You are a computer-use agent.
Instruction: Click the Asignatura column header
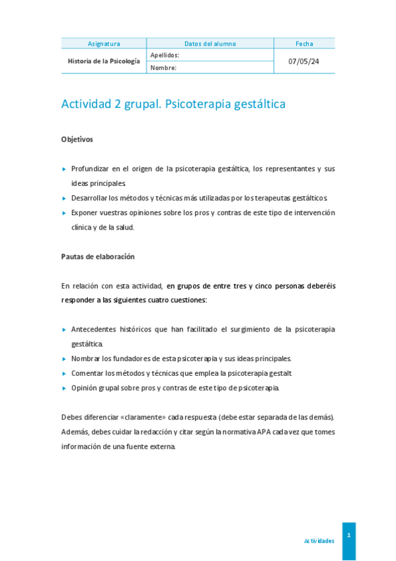pyautogui.click(x=104, y=44)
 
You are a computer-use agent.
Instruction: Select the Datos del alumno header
pyautogui.click(x=210, y=44)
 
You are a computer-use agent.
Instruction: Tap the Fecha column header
pyautogui.click(x=304, y=44)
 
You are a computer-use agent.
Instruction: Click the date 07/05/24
pyautogui.click(x=304, y=61)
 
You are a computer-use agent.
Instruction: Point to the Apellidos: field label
pyautogui.click(x=165, y=55)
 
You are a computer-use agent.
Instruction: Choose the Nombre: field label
pyautogui.click(x=163, y=67)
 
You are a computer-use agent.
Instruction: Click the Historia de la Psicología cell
pyautogui.click(x=104, y=61)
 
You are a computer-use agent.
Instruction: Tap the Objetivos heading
pyautogui.click(x=77, y=140)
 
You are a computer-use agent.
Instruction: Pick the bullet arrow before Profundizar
pyautogui.click(x=64, y=169)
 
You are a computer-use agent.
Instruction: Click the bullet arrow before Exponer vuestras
pyautogui.click(x=64, y=213)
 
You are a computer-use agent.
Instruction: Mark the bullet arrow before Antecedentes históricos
pyautogui.click(x=64, y=329)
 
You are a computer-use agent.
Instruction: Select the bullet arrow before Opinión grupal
pyautogui.click(x=64, y=388)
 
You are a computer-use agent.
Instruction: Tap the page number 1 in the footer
pyautogui.click(x=348, y=534)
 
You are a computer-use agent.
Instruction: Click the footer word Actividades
pyautogui.click(x=319, y=540)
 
